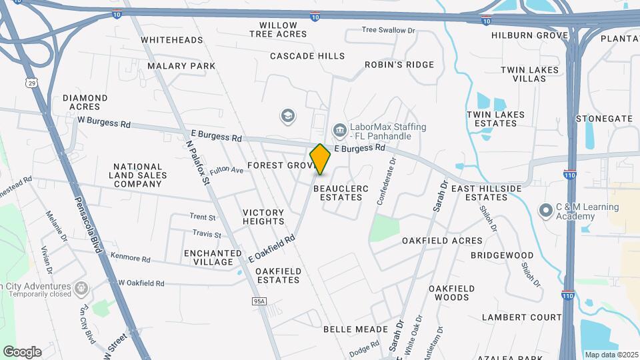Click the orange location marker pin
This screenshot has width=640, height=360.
point(320,159)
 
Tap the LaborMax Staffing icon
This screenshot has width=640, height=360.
point(339,128)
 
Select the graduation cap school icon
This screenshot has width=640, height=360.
point(288,116)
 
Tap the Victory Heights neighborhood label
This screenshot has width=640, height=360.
point(263,217)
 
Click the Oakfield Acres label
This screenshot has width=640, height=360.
point(442,240)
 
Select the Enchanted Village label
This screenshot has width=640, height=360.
point(213,257)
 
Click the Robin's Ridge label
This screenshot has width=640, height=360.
point(399,65)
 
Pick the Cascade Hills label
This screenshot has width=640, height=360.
point(307,56)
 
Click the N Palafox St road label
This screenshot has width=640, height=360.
point(199,154)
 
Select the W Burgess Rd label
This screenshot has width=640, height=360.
point(103,122)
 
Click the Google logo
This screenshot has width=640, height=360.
point(22,351)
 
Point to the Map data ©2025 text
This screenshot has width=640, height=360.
point(610,355)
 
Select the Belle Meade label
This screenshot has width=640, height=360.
point(355,329)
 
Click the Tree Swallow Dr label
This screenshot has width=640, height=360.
point(388,30)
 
